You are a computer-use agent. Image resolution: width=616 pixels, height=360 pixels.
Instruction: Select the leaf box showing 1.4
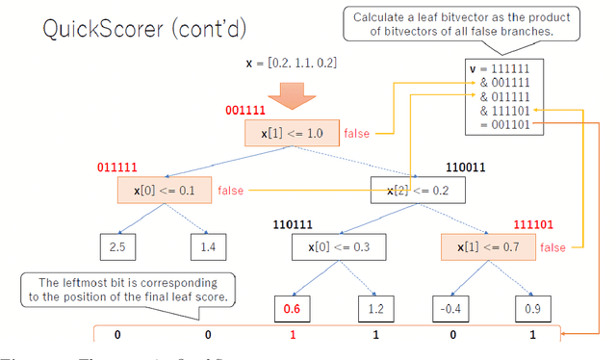[x=206, y=247]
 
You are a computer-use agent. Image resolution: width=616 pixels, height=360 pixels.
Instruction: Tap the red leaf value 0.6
[x=292, y=308]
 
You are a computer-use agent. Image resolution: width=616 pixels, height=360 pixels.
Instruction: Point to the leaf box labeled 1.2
[x=376, y=308]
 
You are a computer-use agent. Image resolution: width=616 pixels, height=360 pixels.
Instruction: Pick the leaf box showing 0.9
[x=531, y=308]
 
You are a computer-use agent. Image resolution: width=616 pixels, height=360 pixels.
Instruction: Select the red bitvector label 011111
[x=117, y=167]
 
